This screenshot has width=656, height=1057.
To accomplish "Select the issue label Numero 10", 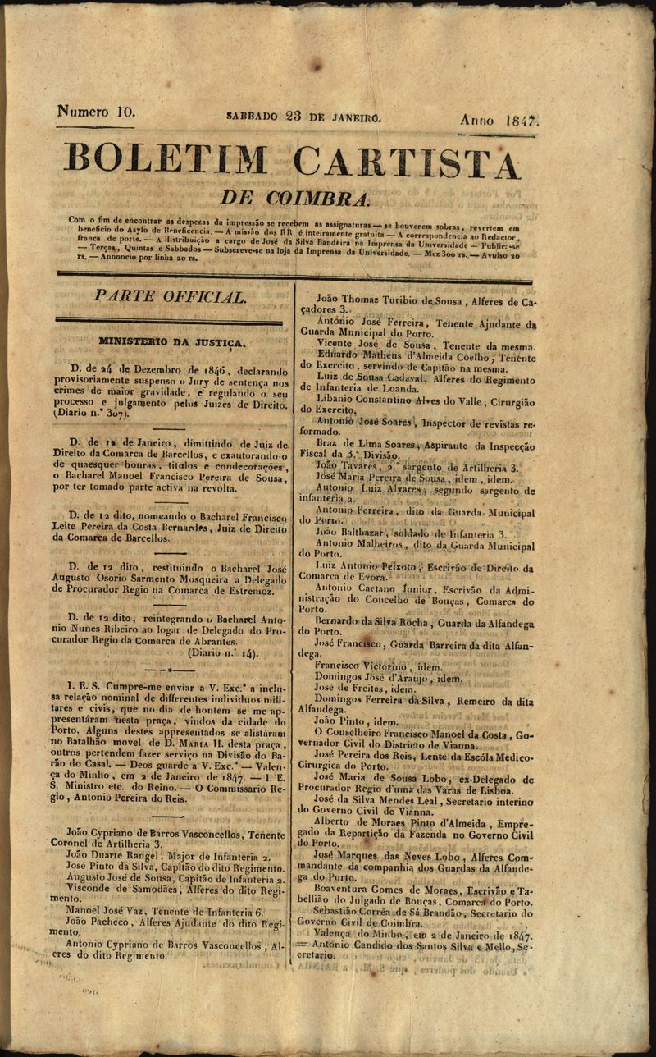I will pos(96,111).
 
